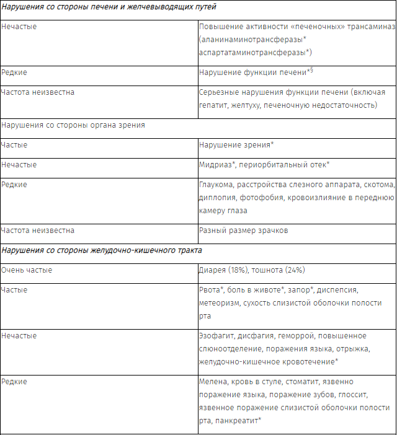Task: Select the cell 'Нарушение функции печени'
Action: pyautogui.click(x=252, y=72)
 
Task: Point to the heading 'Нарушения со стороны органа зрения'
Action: pyautogui.click(x=73, y=125)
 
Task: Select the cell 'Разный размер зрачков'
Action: pyautogui.click(x=244, y=230)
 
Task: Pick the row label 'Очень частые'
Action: pyautogui.click(x=27, y=270)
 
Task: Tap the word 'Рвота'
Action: pyautogui.click(x=210, y=290)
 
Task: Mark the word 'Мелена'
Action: pyautogui.click(x=213, y=382)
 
